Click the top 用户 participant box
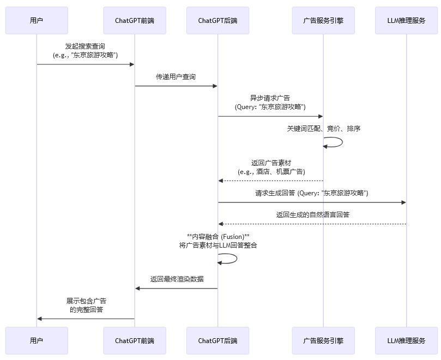tap(37, 21)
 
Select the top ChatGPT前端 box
tap(135, 21)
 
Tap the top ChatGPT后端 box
tap(218, 21)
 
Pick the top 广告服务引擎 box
tap(323, 21)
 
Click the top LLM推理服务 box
tap(406, 21)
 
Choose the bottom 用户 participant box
tap(37, 341)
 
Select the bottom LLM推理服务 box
tap(406, 341)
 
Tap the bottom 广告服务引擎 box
tap(323, 341)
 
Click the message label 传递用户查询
tap(176, 77)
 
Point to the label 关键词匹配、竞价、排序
tap(324, 129)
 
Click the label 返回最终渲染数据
tap(177, 279)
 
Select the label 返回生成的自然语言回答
tap(312, 215)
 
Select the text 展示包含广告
tap(86, 301)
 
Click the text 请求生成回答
tap(275, 193)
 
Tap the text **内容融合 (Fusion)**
tap(218, 236)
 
